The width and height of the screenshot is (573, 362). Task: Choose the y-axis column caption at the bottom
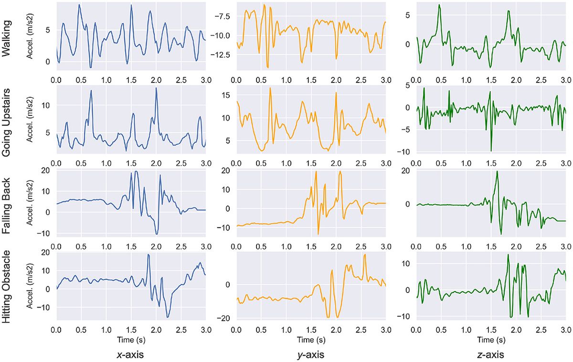310,355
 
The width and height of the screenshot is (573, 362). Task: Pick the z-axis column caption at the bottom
490,355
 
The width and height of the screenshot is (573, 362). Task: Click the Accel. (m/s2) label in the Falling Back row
33,203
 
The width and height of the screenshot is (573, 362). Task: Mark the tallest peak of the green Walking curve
439,5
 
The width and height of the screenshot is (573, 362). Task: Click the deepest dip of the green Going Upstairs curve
491,151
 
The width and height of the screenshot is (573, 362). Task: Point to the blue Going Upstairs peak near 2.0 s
156,88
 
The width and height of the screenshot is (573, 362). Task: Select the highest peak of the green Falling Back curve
497,171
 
